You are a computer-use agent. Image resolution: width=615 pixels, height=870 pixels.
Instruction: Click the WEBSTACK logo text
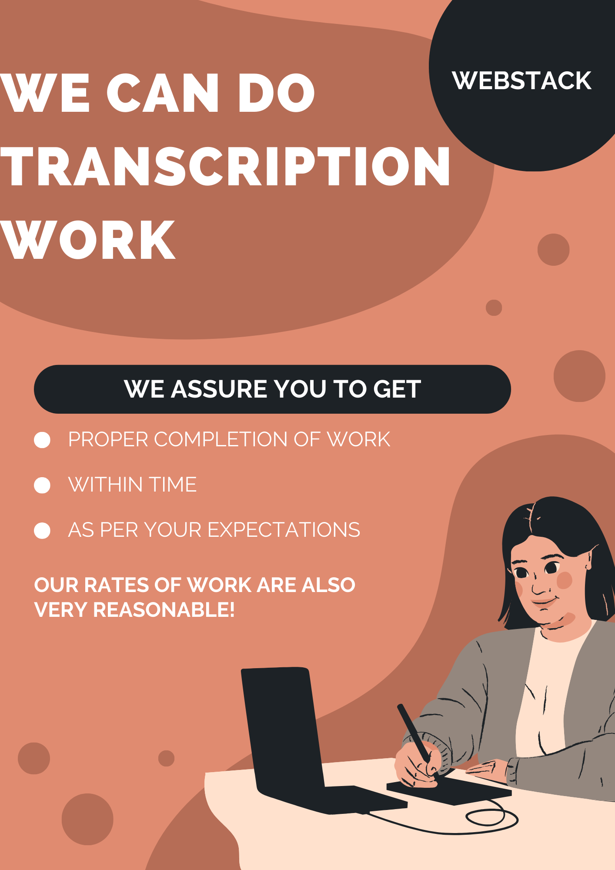coord(521,81)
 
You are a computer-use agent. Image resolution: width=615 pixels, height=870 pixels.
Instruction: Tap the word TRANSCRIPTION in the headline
coord(225,167)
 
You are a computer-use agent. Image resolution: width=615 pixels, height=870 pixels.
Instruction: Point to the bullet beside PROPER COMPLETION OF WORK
coord(42,440)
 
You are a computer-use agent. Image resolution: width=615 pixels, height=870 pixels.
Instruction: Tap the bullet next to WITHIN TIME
coord(42,485)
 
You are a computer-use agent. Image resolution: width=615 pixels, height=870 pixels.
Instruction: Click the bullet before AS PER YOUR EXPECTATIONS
coord(42,531)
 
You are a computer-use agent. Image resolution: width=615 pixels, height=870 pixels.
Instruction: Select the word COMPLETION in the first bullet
coord(221,439)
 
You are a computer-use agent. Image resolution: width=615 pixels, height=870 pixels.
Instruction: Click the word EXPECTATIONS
coord(284,530)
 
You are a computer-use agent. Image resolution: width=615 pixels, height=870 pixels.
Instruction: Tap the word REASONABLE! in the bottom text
coord(164,609)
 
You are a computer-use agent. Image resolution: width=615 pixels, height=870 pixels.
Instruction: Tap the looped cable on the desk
coord(491,818)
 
